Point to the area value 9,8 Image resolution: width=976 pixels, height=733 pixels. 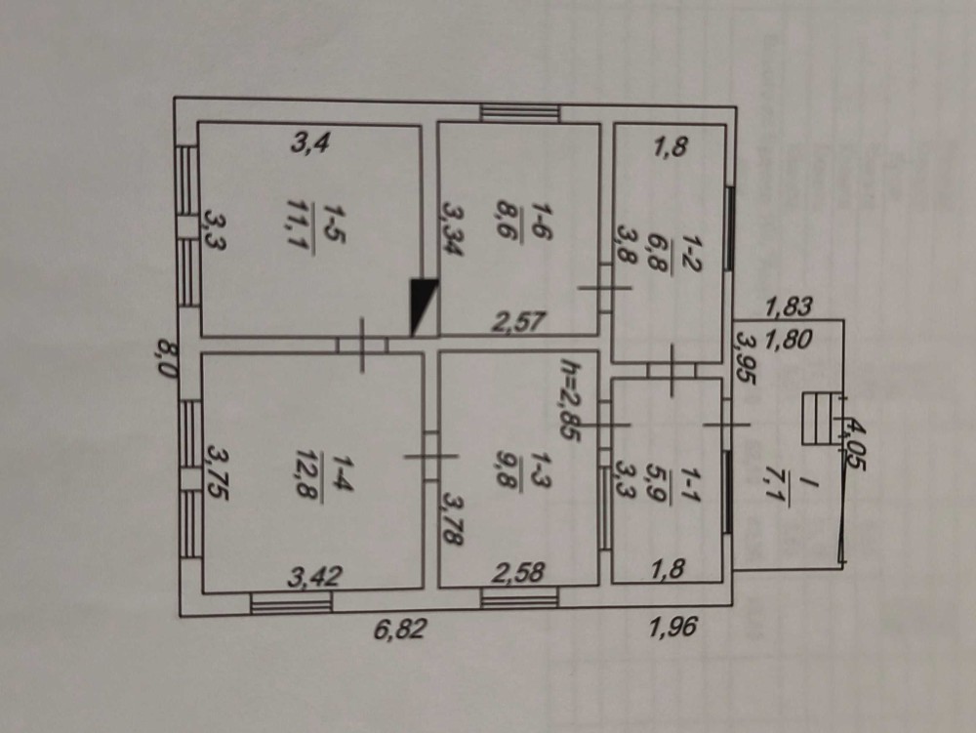pos(508,469)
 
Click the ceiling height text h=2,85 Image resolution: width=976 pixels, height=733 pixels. pos(570,399)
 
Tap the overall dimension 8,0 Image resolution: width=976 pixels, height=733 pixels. pos(165,361)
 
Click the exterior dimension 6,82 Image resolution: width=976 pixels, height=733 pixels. pos(400,630)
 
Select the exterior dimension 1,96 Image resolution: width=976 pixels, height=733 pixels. pos(671,627)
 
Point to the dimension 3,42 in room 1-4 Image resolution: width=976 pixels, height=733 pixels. pos(314,577)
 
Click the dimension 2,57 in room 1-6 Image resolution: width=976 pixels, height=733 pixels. pos(518,322)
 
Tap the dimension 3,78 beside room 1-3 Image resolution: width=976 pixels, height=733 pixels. pos(453,519)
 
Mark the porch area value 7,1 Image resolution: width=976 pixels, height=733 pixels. pos(775,490)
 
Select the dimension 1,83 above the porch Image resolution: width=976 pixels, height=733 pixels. pos(789,306)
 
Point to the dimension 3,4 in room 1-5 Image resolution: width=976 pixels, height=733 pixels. pos(309,144)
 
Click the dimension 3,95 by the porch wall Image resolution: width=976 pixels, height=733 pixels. pos(745,357)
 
